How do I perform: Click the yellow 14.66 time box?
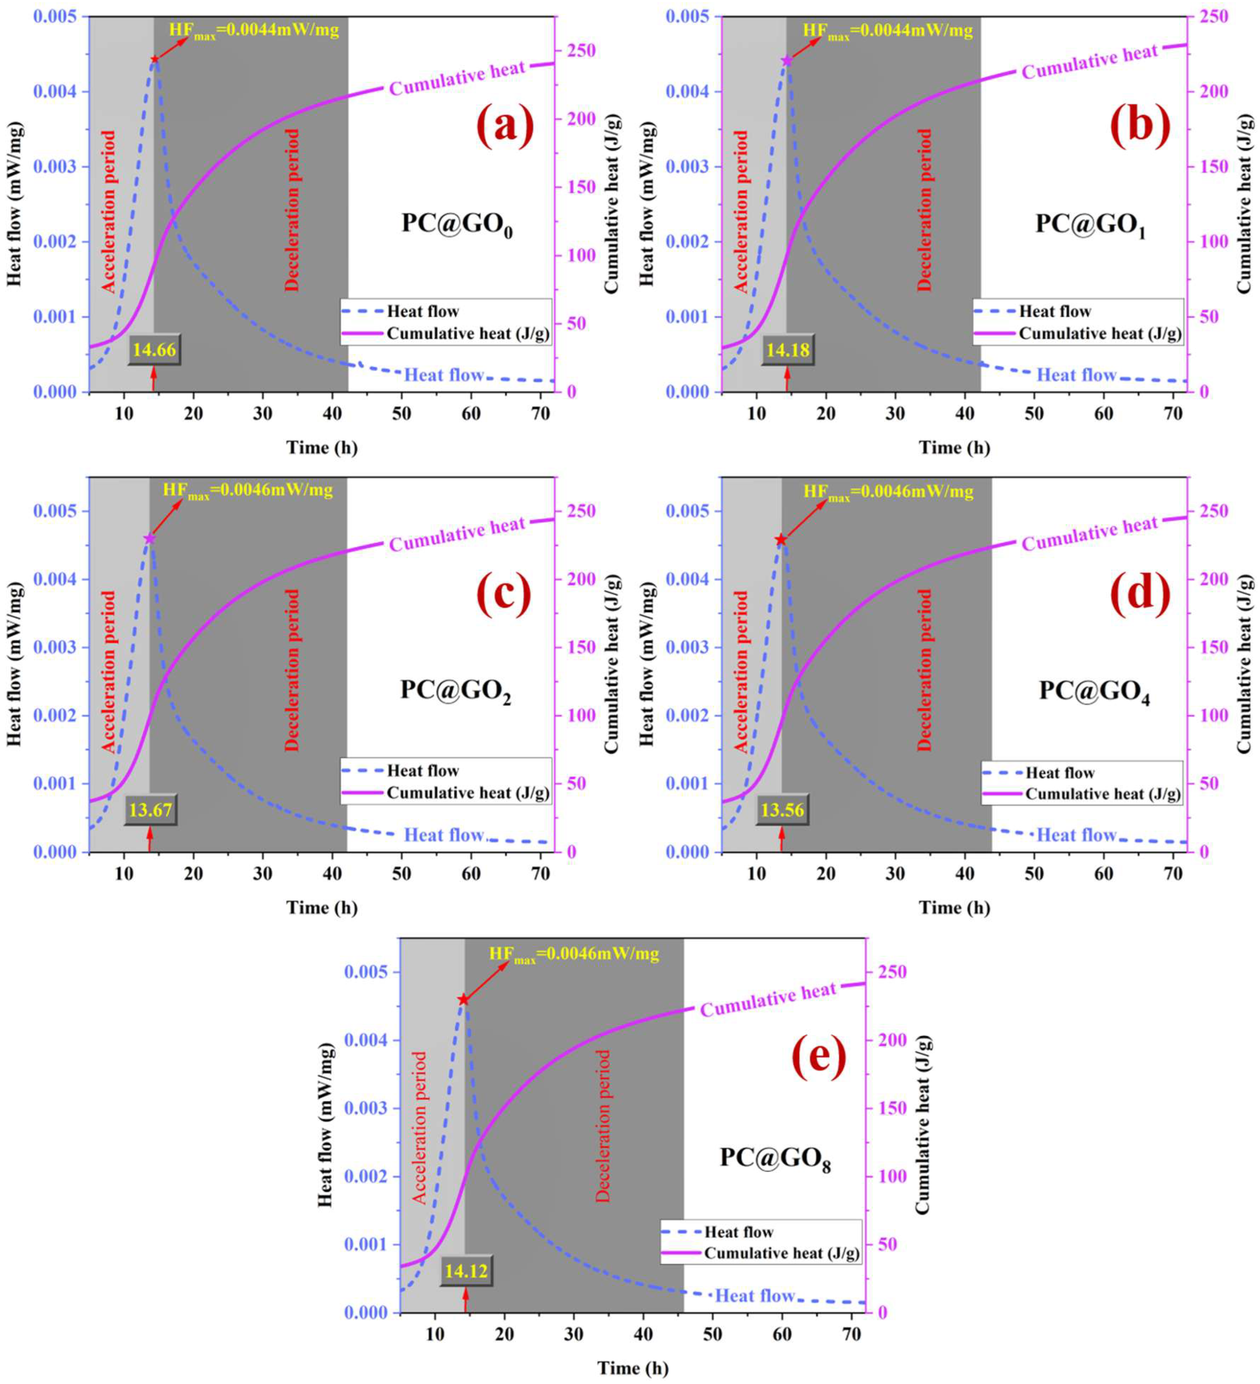(154, 350)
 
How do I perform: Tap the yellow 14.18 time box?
(788, 350)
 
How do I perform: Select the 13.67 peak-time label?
(150, 810)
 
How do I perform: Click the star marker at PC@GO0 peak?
(154, 60)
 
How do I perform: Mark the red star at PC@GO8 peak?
(463, 1000)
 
